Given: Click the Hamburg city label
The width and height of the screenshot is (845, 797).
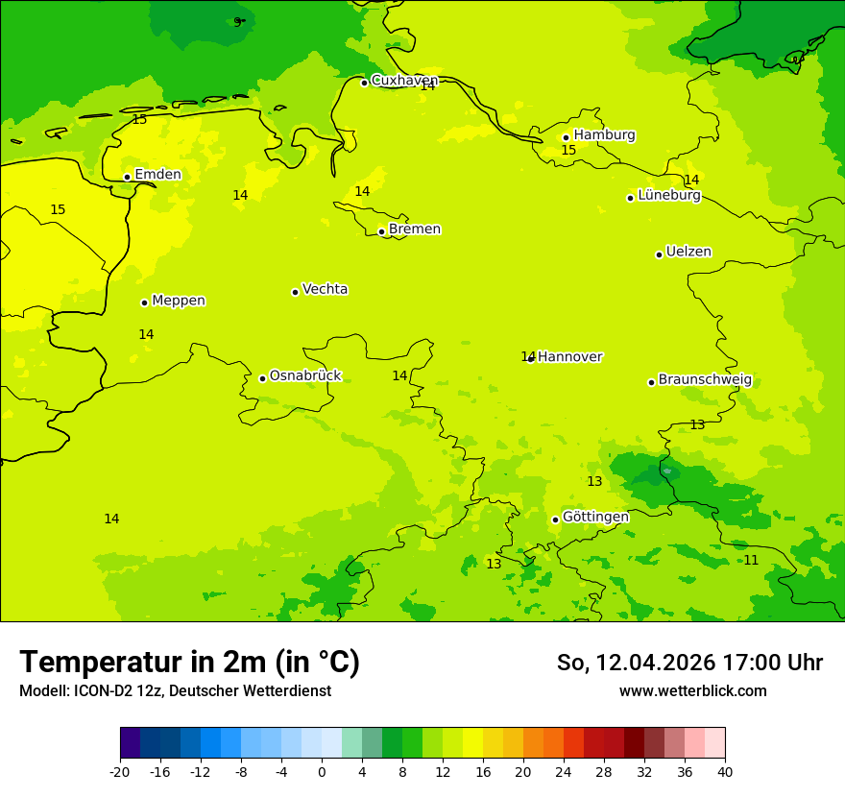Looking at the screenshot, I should (x=604, y=135).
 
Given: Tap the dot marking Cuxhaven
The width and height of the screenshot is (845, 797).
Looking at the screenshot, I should (x=364, y=83).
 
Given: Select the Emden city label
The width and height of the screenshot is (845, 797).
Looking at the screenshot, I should (x=157, y=175).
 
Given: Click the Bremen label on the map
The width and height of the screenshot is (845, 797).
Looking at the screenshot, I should (x=414, y=229).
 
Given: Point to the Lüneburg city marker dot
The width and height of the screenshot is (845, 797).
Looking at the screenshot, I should (x=630, y=198).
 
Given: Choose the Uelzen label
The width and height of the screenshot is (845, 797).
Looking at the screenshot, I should (x=688, y=253).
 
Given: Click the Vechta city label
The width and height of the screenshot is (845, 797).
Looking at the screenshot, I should (x=325, y=289).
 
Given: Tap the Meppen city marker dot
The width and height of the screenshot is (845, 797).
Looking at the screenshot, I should (x=144, y=302).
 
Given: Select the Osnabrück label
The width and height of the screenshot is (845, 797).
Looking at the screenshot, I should (x=304, y=376).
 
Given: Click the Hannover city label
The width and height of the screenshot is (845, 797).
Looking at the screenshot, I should (x=569, y=357).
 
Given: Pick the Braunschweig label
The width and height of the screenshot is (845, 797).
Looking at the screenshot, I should (x=704, y=380).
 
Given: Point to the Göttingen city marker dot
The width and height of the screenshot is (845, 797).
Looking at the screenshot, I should (x=555, y=519).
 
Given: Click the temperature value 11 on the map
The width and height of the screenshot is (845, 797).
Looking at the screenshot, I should (x=751, y=560).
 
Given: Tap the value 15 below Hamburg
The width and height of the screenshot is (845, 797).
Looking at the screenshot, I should (x=568, y=151).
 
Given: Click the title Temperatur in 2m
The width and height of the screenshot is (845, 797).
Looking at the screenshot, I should (x=189, y=662).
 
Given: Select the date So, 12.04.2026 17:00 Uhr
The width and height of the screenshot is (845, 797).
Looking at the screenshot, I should (x=689, y=663).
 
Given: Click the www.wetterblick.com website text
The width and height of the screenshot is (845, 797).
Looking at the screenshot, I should (x=692, y=691).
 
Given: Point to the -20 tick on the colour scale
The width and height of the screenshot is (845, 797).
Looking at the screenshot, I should (x=120, y=771).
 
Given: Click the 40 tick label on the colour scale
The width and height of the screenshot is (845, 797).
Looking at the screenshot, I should (x=725, y=771).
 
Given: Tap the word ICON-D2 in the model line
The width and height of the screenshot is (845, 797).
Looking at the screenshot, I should (x=96, y=691).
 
